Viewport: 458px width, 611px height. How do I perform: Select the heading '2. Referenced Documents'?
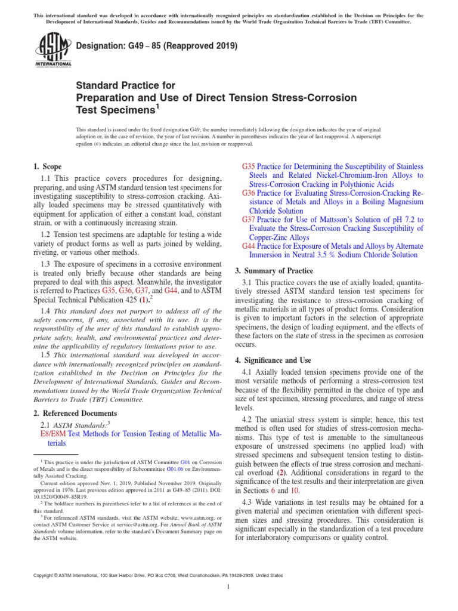[x=75, y=413]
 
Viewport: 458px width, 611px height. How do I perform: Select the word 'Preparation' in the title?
[x=105, y=97]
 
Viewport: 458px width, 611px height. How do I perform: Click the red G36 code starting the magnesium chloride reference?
[x=249, y=193]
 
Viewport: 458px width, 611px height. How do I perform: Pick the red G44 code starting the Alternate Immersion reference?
[x=249, y=246]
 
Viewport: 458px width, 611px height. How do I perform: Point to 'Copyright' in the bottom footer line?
[x=49, y=575]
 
